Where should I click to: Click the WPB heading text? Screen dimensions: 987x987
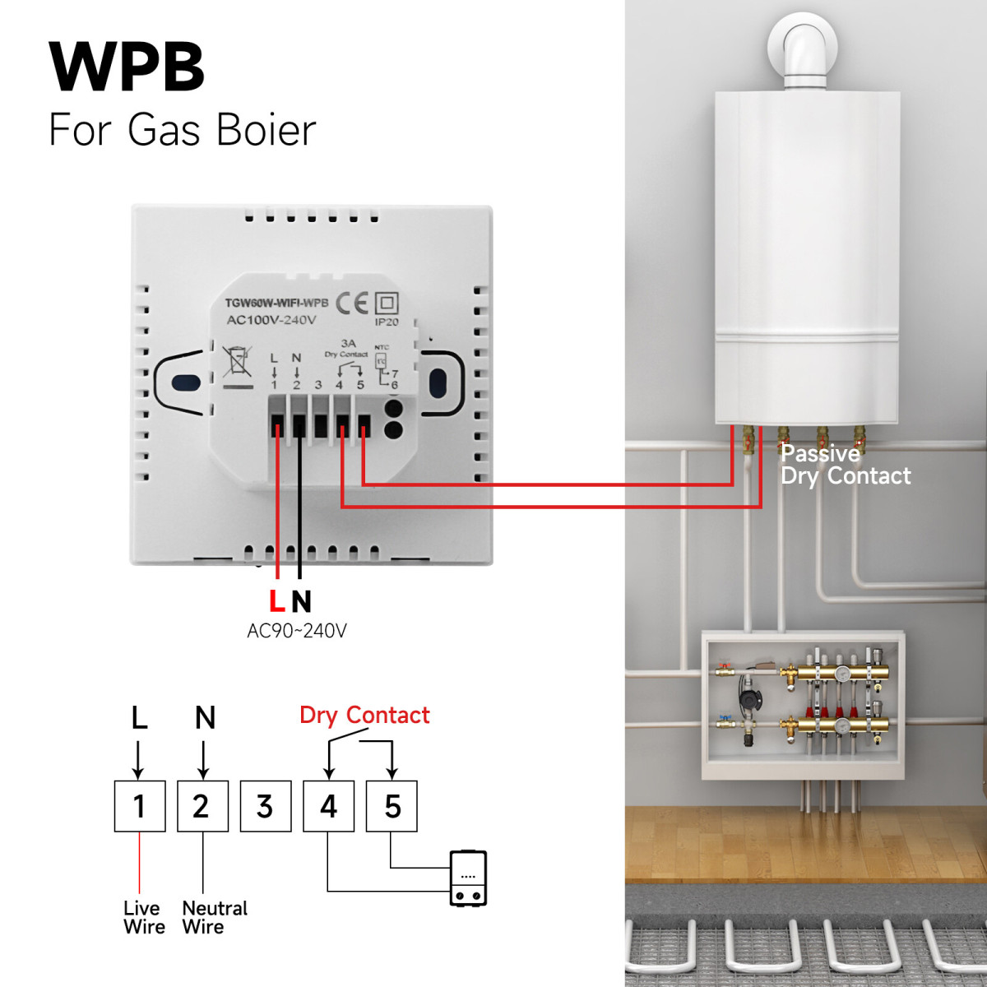pyautogui.click(x=127, y=67)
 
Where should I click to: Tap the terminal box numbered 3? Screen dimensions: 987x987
pyautogui.click(x=265, y=806)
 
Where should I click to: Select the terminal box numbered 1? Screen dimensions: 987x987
pyautogui.click(x=139, y=806)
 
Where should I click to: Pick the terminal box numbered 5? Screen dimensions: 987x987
pyautogui.click(x=392, y=806)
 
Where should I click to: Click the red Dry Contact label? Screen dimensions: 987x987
pyautogui.click(x=364, y=716)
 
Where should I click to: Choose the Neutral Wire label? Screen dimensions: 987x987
pyautogui.click(x=214, y=917)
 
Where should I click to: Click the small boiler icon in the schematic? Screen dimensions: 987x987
pyautogui.click(x=468, y=878)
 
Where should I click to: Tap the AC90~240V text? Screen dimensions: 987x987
pyautogui.click(x=297, y=631)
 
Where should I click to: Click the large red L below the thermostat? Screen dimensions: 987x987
pyautogui.click(x=277, y=601)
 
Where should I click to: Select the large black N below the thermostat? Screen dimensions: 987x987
pyautogui.click(x=301, y=601)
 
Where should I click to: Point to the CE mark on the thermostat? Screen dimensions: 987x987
pyautogui.click(x=352, y=304)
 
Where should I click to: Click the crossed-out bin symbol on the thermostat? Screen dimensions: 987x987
pyautogui.click(x=237, y=362)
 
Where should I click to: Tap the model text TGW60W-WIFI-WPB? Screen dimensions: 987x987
pyautogui.click(x=276, y=303)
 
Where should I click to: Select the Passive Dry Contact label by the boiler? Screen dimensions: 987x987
pyautogui.click(x=845, y=465)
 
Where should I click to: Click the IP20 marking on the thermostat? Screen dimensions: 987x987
pyautogui.click(x=387, y=322)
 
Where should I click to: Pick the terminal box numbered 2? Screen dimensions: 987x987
pyautogui.click(x=202, y=806)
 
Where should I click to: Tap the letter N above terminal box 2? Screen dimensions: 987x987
pyautogui.click(x=205, y=718)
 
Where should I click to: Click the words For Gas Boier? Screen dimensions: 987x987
pyautogui.click(x=182, y=130)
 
